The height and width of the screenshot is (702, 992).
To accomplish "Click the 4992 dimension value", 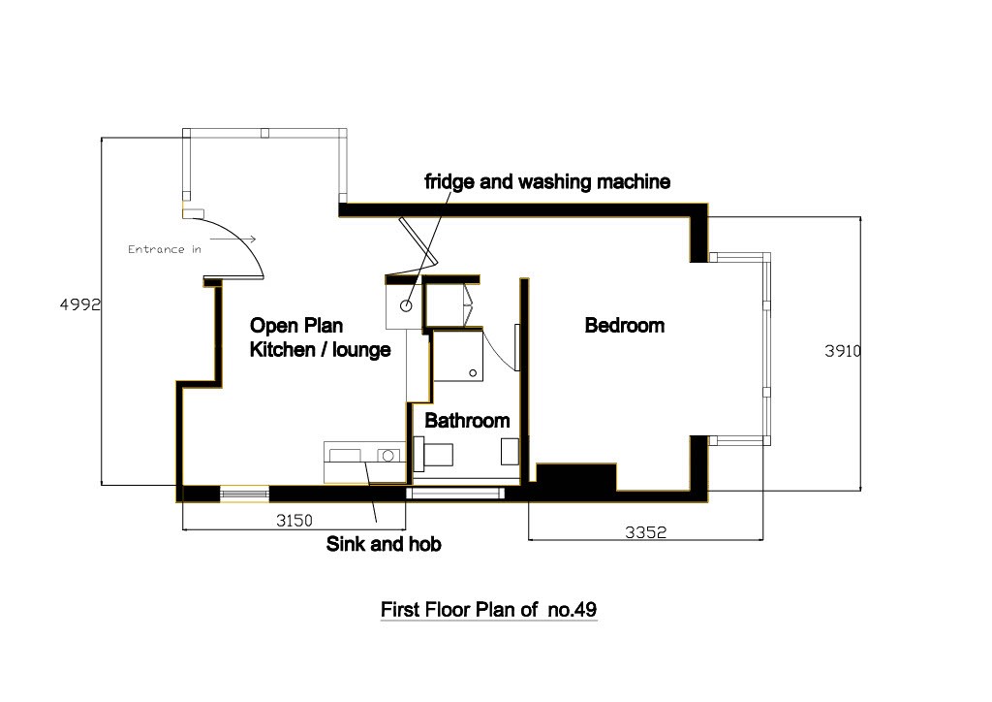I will click(79, 304).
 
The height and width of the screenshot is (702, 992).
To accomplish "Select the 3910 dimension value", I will click(843, 352).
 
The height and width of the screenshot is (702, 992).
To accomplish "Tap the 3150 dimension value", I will click(294, 521).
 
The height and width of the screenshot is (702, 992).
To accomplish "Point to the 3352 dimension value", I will click(645, 532).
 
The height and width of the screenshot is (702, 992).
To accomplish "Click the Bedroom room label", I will click(625, 326).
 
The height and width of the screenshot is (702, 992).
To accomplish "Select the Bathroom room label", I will click(467, 421).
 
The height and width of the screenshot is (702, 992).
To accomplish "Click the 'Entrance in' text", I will click(164, 249).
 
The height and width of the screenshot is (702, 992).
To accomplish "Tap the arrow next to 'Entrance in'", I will click(242, 239).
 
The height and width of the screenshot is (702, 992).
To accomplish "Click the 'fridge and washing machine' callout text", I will click(547, 181).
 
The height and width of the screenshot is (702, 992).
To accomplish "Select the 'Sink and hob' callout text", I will click(384, 544).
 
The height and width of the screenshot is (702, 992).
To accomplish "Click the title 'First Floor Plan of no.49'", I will click(488, 610).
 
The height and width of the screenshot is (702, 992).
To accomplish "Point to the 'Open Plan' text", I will click(296, 326).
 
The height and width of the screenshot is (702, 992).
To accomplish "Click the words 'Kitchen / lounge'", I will click(321, 350).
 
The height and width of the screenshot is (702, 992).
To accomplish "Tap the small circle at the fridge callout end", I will click(406, 305).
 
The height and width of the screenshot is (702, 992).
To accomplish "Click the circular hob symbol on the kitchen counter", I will click(389, 454).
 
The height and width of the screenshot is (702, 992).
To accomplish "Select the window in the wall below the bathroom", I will click(455, 494).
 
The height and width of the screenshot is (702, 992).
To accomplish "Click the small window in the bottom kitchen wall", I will click(244, 494).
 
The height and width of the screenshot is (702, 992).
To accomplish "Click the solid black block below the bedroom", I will click(576, 477).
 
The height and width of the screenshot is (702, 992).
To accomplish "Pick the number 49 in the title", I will click(585, 610).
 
